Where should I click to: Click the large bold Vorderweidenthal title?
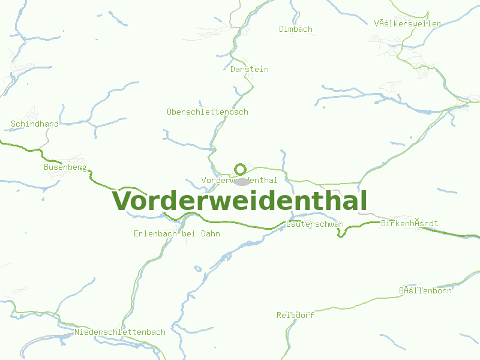(240, 201)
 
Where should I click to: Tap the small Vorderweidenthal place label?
(239, 180)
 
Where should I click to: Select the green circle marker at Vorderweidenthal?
(240, 169)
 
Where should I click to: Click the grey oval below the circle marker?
(241, 181)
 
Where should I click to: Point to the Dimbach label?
(296, 29)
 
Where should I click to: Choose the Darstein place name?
(250, 69)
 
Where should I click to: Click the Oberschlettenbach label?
(208, 112)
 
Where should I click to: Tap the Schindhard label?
(35, 124)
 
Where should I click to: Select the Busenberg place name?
(65, 167)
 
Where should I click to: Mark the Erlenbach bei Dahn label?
(177, 233)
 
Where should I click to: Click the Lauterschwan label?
(315, 224)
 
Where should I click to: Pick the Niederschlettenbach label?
(120, 332)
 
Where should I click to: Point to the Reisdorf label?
(296, 315)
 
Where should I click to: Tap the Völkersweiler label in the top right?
(407, 23)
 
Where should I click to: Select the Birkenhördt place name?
(410, 223)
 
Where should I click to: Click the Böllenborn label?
(425, 290)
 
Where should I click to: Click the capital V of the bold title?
(122, 201)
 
